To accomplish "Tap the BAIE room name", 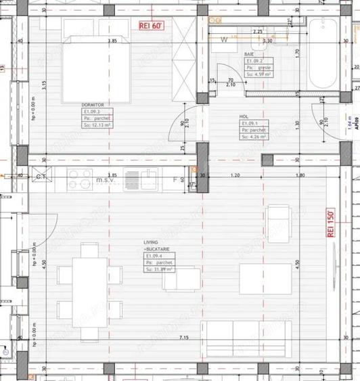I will coord(250,53).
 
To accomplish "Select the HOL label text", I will coord(244,116).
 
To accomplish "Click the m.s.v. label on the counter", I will coord(106,180).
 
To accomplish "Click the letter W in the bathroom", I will coord(223,39).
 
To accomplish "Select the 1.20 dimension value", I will coord(236,175).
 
